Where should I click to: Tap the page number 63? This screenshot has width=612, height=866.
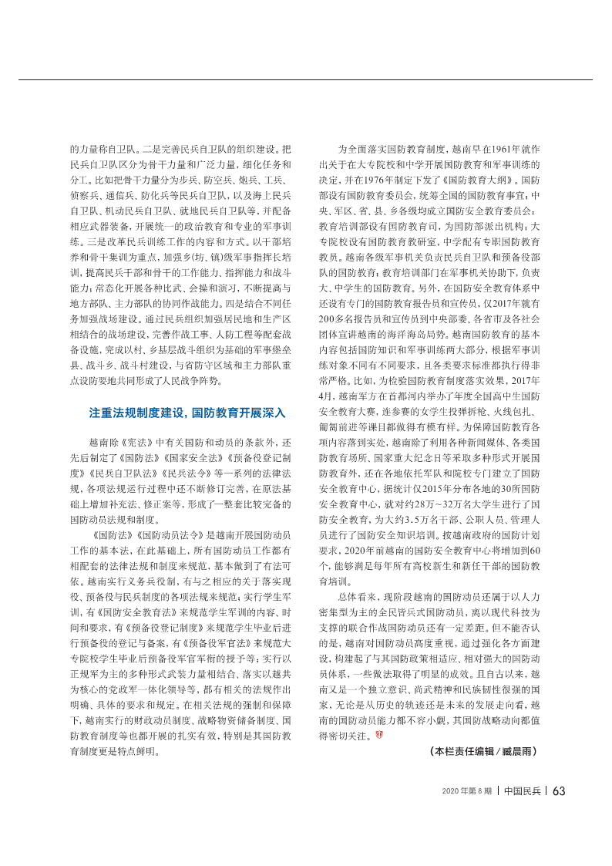point(560,790)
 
